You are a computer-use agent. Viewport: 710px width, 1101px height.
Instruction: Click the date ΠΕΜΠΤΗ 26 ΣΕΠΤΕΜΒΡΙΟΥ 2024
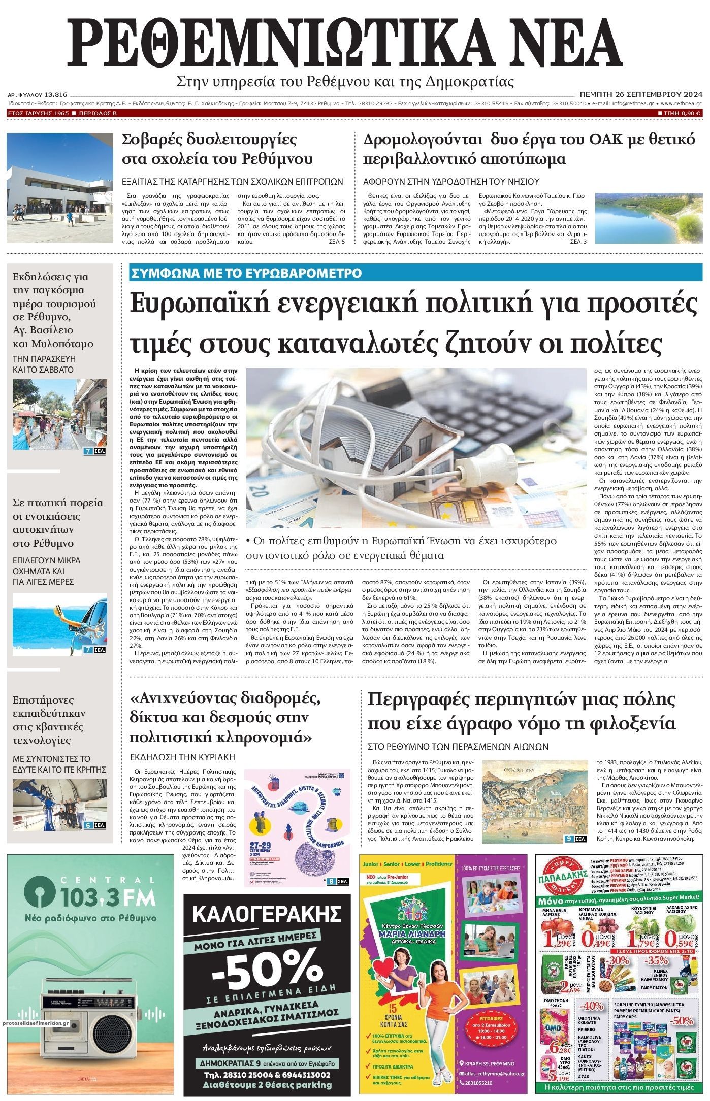pyautogui.click(x=640, y=94)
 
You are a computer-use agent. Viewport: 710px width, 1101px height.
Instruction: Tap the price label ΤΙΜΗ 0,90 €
pyautogui.click(x=680, y=113)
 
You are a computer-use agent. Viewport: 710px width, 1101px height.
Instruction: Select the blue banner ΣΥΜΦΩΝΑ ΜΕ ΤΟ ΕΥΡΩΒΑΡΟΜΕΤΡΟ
pyautogui.click(x=246, y=273)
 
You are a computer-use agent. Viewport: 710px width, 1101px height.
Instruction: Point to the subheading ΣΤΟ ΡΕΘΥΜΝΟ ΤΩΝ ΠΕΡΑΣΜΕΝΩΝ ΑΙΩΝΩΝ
pyautogui.click(x=458, y=746)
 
